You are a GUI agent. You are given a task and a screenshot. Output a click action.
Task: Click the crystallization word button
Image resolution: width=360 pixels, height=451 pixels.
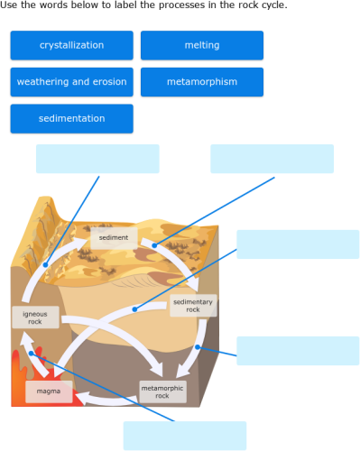click(71, 45)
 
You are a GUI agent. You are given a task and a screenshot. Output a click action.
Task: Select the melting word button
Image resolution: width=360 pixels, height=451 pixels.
click(201, 45)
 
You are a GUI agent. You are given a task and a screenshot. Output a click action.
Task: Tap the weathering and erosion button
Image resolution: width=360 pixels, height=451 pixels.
click(71, 82)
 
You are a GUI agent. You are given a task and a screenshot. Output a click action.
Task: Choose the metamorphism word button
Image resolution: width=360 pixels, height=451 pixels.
click(201, 82)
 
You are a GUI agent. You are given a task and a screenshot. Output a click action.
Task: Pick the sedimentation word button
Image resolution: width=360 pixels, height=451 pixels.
click(71, 118)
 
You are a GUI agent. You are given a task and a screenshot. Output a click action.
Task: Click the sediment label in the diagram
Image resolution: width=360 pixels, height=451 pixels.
click(114, 238)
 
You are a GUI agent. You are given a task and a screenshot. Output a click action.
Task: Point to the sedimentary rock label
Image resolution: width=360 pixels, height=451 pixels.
click(193, 306)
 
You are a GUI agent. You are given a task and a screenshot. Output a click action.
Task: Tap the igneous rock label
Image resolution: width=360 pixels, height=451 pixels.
click(35, 317)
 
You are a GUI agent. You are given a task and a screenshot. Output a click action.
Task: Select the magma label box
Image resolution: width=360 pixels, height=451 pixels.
click(49, 391)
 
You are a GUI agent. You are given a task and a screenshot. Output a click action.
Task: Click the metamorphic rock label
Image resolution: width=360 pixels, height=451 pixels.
click(162, 391)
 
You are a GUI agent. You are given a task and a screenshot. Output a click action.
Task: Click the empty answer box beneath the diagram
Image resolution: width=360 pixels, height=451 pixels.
click(184, 435)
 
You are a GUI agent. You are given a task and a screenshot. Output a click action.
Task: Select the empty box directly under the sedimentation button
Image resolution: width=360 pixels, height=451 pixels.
click(97, 159)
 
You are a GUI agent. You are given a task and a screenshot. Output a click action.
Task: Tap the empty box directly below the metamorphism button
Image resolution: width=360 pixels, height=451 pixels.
click(272, 159)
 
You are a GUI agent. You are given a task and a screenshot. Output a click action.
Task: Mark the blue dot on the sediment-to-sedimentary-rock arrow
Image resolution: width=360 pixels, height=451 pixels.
click(153, 244)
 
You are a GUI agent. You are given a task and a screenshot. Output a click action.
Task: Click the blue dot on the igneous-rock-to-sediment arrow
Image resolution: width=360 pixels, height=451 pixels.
click(44, 265)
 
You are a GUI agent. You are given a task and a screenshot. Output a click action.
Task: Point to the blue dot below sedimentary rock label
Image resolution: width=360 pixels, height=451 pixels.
click(197, 347)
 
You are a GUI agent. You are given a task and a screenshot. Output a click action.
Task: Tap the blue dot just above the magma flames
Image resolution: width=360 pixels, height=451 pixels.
click(32, 354)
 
